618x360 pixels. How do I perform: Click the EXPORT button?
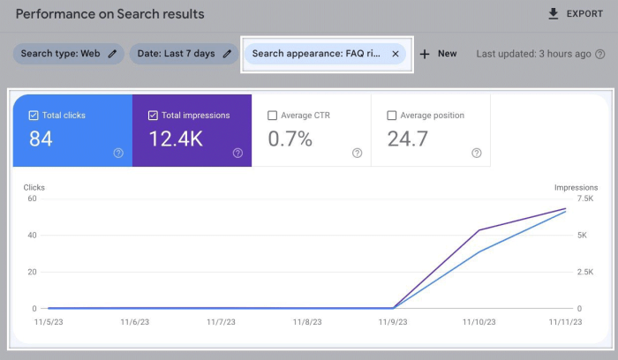(575, 14)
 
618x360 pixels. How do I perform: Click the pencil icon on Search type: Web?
(112, 54)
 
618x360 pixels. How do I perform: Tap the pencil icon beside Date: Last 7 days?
(227, 54)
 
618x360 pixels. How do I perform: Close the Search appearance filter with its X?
(396, 54)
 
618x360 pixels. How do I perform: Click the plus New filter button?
(438, 54)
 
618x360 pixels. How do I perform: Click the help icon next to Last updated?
(600, 54)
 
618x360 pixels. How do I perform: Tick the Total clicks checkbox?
(34, 116)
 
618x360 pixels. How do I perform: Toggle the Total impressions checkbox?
(153, 116)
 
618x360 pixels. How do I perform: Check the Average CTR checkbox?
(272, 116)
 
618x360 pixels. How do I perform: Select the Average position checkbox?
(391, 116)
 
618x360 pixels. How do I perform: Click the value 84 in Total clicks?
(41, 139)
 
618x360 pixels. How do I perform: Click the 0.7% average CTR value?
(290, 139)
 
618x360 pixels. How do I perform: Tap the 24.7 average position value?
(409, 139)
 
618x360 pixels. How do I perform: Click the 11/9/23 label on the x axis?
(393, 323)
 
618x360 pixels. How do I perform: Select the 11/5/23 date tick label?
(48, 323)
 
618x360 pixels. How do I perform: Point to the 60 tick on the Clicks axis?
(31, 199)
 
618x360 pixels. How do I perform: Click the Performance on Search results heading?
(110, 14)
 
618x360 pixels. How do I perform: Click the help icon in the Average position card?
(476, 153)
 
